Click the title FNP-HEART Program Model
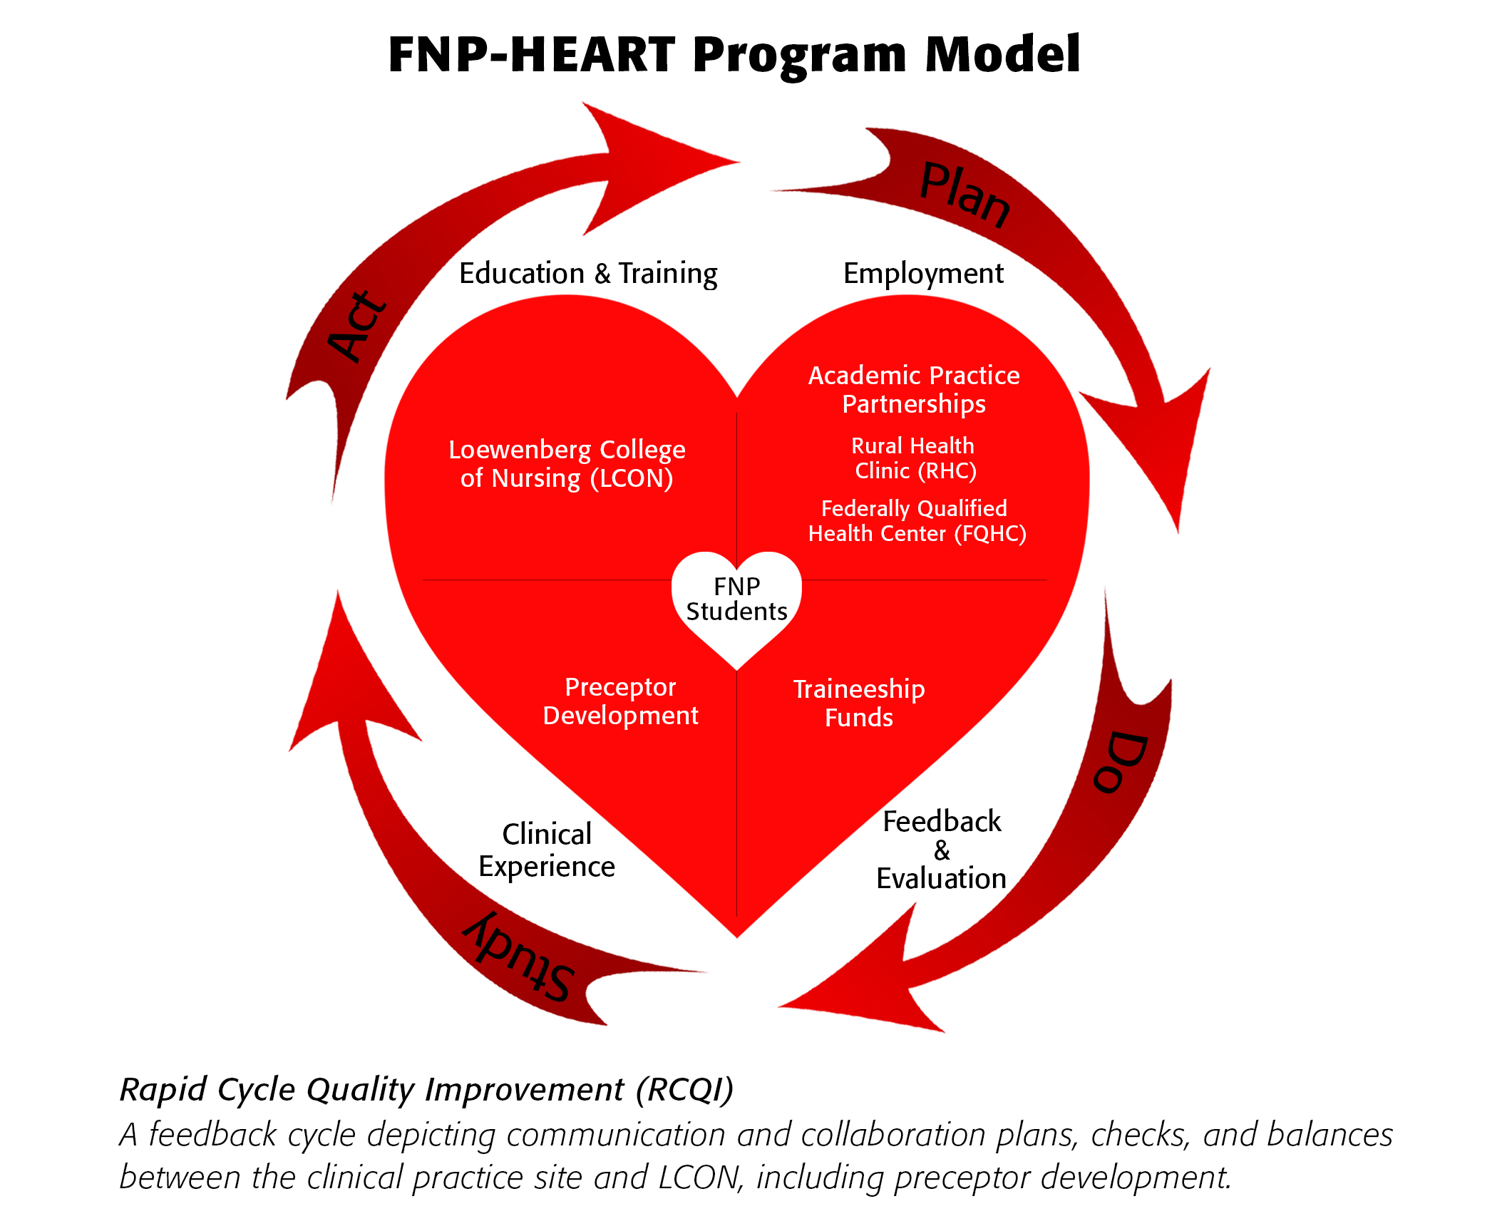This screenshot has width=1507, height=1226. [x=734, y=55]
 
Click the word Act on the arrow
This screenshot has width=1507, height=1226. [x=357, y=326]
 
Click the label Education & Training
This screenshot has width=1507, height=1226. [x=588, y=274]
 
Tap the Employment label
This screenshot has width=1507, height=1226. [x=923, y=274]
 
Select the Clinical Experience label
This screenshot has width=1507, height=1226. [x=547, y=850]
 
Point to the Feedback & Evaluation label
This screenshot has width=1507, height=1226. [x=941, y=850]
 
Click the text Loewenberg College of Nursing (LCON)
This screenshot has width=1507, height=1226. [x=567, y=464]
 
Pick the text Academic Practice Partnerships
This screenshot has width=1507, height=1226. [x=914, y=389]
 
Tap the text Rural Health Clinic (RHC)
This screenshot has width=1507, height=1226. [x=914, y=458]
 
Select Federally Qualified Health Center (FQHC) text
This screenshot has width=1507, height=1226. [x=917, y=521]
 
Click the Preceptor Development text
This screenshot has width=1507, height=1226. [x=620, y=701]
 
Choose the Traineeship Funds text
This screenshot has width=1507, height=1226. [x=859, y=703]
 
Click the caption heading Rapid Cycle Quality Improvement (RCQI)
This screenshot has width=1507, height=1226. [x=426, y=1090]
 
